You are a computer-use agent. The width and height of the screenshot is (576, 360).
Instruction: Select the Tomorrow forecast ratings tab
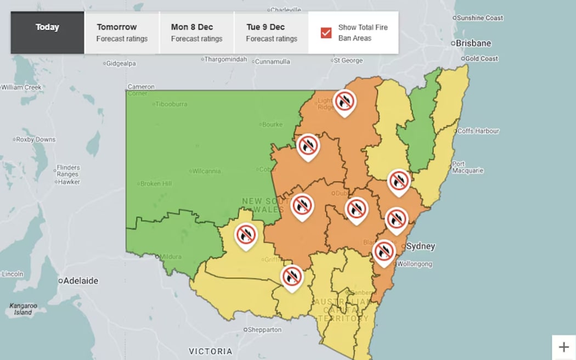tap(122, 32)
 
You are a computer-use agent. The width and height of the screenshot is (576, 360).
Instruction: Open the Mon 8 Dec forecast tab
tap(196, 32)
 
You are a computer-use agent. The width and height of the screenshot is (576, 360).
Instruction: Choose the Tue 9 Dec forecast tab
tap(271, 32)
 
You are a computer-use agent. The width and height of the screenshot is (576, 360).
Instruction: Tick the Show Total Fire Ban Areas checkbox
tap(326, 33)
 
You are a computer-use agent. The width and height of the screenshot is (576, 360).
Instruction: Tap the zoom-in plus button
tap(563, 347)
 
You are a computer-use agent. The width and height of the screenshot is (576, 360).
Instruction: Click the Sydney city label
tap(420, 246)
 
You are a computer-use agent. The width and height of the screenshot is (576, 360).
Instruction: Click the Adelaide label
tap(80, 280)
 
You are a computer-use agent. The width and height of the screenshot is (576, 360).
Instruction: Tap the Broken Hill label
tap(157, 184)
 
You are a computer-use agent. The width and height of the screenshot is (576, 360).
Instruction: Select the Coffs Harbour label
tap(478, 131)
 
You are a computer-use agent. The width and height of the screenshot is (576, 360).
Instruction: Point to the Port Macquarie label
tap(467, 167)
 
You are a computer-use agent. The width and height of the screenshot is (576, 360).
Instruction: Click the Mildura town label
tap(171, 256)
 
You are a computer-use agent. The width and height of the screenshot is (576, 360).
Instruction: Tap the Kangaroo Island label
tap(23, 309)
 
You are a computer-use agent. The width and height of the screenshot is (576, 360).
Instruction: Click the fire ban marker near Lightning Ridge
tap(345, 102)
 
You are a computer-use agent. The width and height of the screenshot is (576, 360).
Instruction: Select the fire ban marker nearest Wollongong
tap(383, 251)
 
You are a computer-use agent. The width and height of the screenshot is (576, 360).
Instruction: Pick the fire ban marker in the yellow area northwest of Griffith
tap(246, 235)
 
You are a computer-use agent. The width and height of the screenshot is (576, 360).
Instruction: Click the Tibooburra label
tap(171, 104)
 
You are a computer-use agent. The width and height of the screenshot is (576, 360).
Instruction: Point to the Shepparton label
tap(264, 330)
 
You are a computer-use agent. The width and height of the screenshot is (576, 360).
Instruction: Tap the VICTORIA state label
tap(211, 351)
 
